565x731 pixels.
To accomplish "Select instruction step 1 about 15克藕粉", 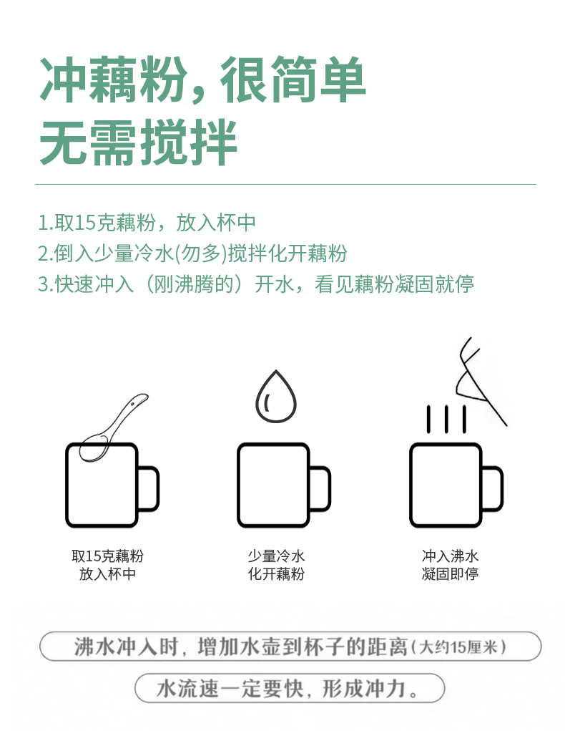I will (x=147, y=223).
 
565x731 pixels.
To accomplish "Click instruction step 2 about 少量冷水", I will (x=192, y=253).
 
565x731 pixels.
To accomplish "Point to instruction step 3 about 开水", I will (x=255, y=284).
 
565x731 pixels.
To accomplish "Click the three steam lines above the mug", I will (x=446, y=418).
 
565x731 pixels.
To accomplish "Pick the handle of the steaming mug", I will (x=493, y=488).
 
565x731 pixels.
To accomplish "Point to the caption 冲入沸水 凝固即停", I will (x=450, y=565).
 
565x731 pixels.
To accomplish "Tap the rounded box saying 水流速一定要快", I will (x=290, y=689).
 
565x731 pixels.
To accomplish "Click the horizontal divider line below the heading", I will (x=285, y=185).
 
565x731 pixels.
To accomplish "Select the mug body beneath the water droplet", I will (x=273, y=485).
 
